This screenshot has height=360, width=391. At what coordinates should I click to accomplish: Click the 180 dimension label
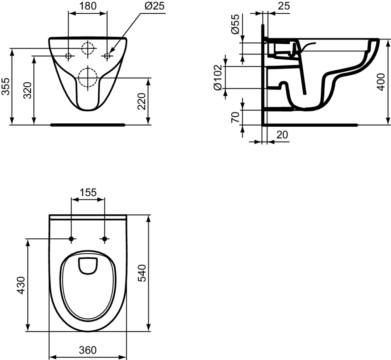[88, 6]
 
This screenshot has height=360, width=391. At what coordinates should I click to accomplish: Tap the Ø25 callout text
[155, 6]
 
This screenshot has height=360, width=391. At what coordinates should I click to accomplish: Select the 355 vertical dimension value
[6, 86]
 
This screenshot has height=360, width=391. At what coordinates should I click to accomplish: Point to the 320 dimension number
[27, 90]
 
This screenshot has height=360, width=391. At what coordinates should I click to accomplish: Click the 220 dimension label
[142, 101]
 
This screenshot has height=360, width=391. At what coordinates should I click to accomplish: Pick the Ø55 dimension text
[235, 24]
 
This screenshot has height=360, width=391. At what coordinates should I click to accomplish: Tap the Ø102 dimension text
[218, 78]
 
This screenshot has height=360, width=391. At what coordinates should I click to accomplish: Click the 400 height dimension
[381, 82]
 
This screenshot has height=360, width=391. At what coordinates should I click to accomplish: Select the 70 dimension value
[235, 117]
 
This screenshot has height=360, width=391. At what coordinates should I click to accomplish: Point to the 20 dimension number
[282, 135]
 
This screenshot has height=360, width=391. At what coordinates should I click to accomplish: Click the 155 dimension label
[88, 192]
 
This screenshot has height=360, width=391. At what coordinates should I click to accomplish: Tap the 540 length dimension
[142, 273]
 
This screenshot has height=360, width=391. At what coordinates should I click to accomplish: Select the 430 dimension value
[21, 285]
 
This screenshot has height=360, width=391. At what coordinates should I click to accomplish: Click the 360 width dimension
[88, 351]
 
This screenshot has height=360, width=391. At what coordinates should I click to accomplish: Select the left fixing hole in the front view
[68, 56]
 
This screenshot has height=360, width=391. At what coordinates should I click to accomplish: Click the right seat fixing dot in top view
[105, 239]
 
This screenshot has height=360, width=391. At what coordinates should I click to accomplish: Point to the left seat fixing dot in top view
[71, 239]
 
